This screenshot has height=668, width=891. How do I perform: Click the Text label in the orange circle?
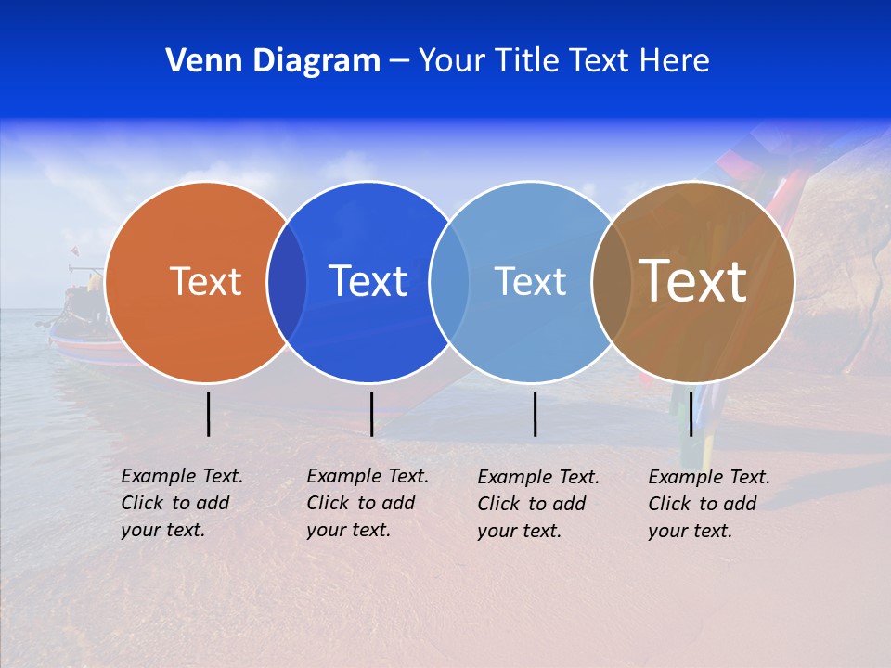[205, 281]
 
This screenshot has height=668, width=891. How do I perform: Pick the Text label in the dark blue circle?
[368, 281]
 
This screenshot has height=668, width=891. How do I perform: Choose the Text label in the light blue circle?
[530, 281]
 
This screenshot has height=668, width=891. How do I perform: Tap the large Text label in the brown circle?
[693, 280]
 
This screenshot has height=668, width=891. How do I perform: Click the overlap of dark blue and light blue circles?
[449, 282]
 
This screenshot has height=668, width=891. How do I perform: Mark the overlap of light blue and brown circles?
[611, 282]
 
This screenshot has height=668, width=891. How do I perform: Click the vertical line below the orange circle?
[208, 414]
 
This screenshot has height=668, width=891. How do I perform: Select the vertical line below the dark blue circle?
[371, 414]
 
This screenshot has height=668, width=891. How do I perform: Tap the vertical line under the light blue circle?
[535, 414]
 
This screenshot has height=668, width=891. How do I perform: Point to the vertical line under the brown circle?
[691, 414]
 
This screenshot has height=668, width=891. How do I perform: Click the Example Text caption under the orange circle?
[181, 503]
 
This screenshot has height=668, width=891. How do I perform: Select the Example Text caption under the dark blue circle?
[367, 503]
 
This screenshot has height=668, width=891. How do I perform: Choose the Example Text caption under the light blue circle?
[537, 504]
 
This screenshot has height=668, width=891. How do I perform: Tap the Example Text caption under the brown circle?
[708, 504]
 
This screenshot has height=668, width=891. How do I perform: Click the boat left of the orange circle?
[79, 320]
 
